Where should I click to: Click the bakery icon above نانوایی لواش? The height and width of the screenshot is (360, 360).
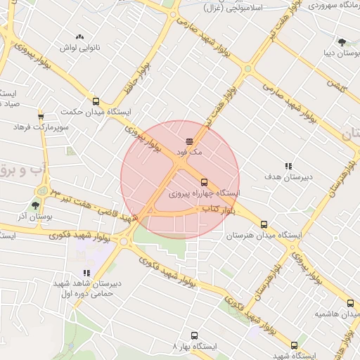click(79, 36)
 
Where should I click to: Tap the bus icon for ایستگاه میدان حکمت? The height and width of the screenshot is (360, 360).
click(96, 101)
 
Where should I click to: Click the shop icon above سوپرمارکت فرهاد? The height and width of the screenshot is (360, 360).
click(41, 117)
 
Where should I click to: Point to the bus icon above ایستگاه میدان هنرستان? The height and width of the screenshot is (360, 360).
click(264, 224)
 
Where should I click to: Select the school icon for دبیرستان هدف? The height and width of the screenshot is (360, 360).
click(288, 167)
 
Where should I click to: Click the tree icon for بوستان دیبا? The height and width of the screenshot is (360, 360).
click(342, 41)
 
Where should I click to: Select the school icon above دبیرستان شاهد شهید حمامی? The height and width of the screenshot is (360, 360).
click(86, 273)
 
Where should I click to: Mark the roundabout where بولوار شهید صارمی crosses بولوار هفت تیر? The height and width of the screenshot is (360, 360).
click(247, 69)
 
